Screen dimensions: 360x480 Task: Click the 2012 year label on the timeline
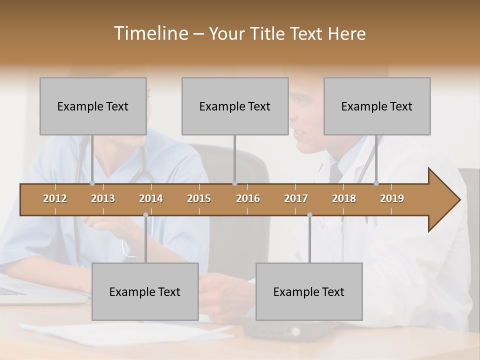55,198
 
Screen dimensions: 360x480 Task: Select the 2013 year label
103,198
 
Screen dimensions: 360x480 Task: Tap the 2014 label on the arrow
151,198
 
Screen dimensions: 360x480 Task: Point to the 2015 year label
199,198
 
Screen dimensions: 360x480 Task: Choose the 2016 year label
248,198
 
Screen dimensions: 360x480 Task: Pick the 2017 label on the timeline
296,198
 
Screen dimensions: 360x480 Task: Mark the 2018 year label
344,198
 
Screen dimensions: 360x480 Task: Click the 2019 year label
392,198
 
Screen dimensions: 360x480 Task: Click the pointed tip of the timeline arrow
458,200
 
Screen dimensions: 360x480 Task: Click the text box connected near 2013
93,106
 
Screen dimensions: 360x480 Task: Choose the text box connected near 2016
235,106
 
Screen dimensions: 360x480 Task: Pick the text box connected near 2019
377,106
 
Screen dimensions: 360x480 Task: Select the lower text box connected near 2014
145,291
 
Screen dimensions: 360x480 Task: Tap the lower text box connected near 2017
309,291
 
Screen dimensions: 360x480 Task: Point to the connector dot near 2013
92,183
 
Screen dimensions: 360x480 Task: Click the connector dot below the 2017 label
309,215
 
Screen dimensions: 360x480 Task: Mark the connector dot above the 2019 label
376,183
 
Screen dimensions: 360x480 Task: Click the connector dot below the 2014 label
145,215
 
